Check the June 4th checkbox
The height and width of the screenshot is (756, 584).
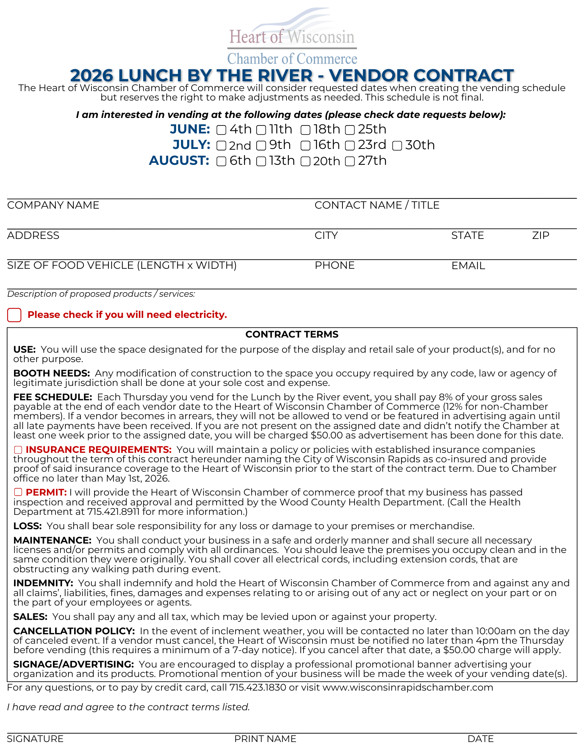[222, 130]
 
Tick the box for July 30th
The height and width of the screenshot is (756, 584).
[397, 146]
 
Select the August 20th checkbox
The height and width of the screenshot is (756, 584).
[305, 162]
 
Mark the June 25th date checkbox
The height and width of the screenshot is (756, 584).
[350, 130]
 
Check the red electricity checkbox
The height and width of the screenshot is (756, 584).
[14, 315]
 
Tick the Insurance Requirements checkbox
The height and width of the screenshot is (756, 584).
[18, 450]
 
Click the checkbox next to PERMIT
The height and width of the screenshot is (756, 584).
[18, 492]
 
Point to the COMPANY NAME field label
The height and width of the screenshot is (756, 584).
[53, 205]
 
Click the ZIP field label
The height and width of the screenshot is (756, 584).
[541, 235]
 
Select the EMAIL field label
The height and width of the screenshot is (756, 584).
[468, 266]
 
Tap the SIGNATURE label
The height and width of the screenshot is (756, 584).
[35, 739]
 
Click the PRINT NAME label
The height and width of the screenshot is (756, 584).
[265, 739]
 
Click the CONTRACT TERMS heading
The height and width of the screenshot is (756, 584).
[292, 335]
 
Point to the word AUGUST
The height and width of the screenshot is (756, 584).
[179, 161]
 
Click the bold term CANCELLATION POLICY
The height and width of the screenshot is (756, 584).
[74, 631]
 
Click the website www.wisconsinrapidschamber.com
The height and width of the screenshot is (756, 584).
[408, 687]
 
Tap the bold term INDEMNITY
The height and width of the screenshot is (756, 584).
[43, 583]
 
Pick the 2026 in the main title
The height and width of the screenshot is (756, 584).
[92, 76]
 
